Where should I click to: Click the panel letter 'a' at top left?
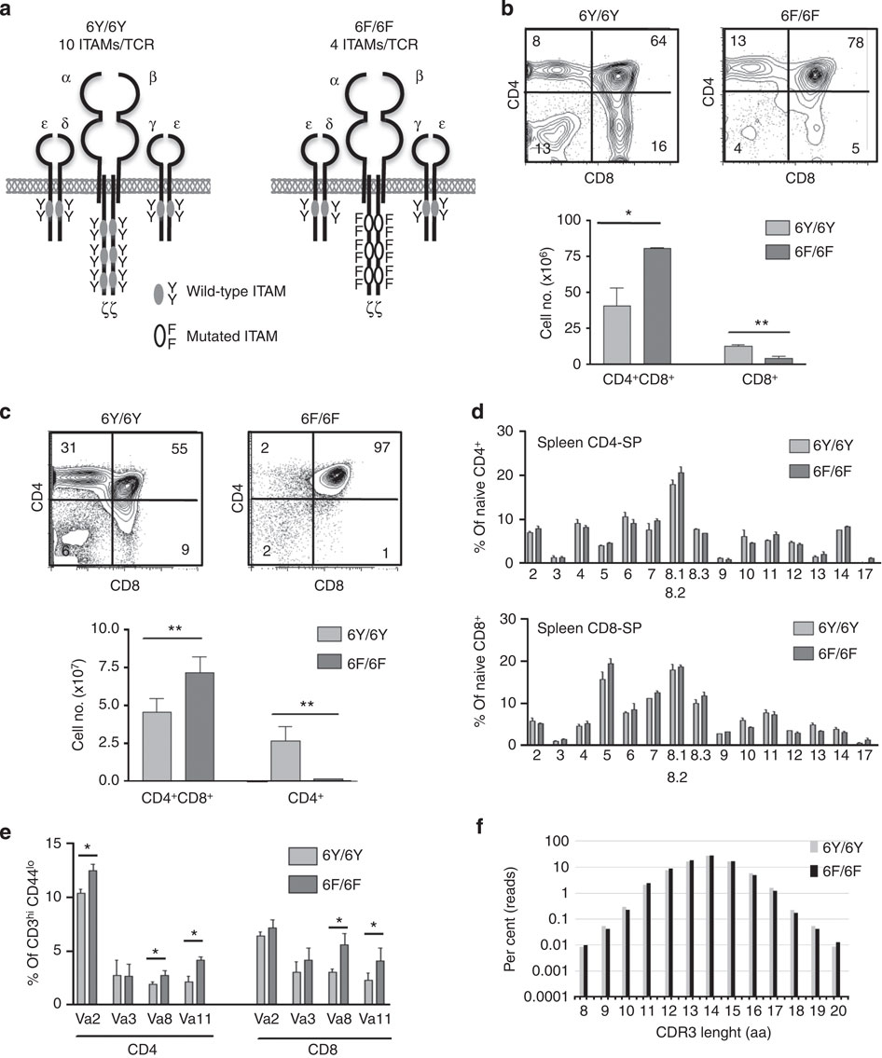(x=10, y=10)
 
